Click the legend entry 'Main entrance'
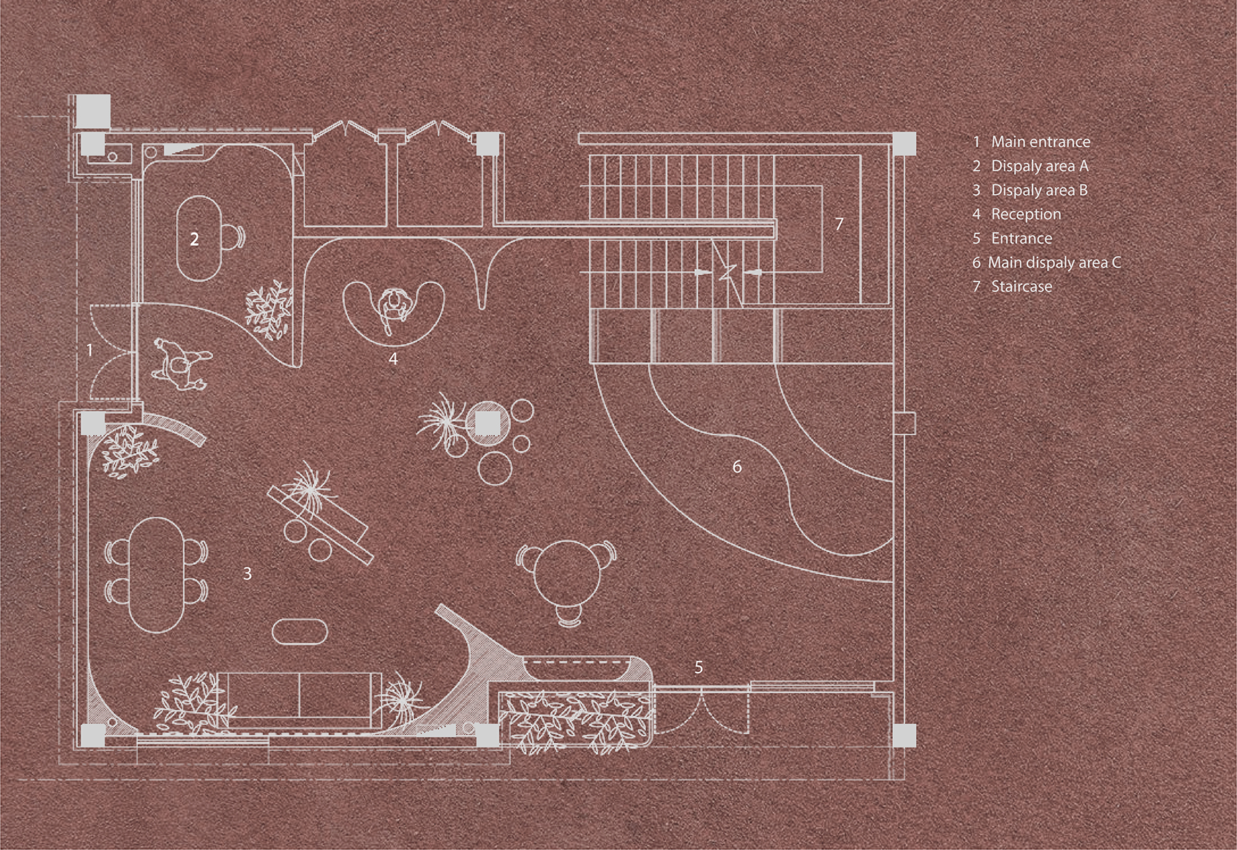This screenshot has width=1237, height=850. tap(1040, 143)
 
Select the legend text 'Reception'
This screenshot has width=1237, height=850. tap(1025, 214)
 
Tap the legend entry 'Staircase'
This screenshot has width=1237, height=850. tap(1021, 286)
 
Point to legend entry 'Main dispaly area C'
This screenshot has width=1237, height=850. tap(1054, 262)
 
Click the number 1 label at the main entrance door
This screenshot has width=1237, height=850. tap(90, 350)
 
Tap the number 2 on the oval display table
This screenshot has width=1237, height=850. tap(194, 239)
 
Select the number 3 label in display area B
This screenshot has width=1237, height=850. tap(247, 574)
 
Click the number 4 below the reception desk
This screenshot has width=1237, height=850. tap(393, 358)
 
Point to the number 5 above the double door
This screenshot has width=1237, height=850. tap(699, 667)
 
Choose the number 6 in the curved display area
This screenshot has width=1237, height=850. tap(736, 467)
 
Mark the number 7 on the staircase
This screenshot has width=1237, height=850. tap(839, 223)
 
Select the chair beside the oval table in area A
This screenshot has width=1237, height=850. tap(231, 236)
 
